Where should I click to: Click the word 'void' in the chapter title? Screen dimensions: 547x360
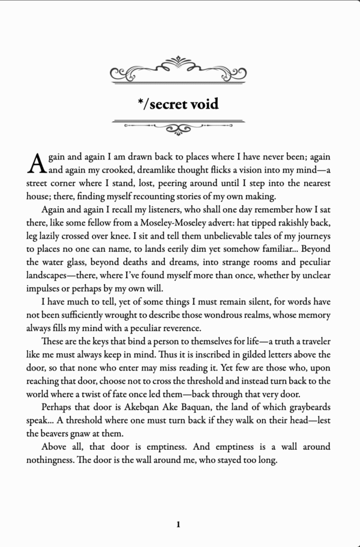coord(203,104)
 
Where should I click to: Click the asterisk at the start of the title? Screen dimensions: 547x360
coord(139,103)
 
